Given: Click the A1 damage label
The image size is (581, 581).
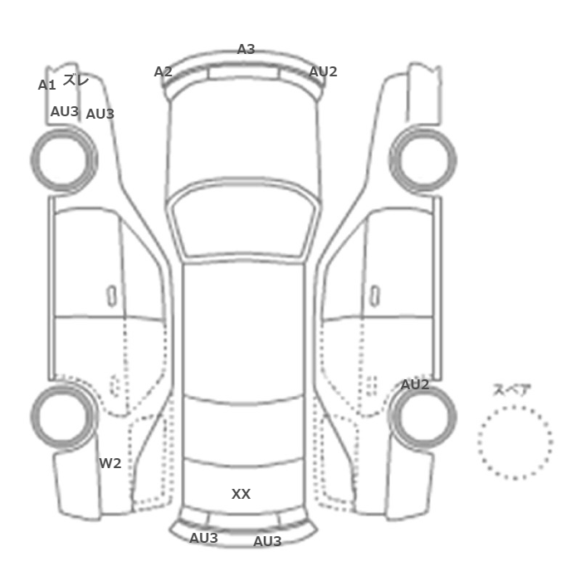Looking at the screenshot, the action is pos(46,85).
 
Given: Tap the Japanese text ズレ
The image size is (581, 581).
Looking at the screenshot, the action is pos(76,80).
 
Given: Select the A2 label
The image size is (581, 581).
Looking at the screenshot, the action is pos(163,71).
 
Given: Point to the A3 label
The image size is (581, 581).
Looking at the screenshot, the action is pos(246,49).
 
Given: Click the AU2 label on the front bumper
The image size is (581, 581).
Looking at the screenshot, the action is pos(323,71).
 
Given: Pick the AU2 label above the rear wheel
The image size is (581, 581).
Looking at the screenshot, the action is pos(415,384).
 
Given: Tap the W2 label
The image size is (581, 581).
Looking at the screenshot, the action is pos(110,463).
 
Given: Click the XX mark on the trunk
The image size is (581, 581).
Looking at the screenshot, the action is pos(241,494).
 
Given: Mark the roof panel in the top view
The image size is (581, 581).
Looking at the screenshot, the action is pos(243,330).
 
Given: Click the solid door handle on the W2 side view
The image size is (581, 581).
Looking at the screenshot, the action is pos(111,296).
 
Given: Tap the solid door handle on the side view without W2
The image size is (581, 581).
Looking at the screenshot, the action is pos(375,296).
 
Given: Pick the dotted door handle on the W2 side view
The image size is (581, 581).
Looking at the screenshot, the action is pos(115,385).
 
